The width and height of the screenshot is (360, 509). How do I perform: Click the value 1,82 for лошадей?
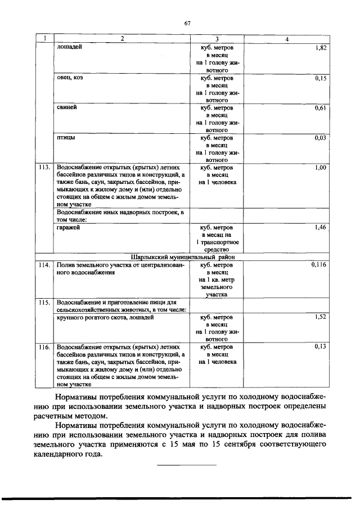[321, 49]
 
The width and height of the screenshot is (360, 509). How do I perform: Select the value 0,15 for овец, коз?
[321, 79]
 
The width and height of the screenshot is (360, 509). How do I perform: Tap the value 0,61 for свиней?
[321, 108]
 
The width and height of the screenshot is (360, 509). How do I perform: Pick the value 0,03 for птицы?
[321, 138]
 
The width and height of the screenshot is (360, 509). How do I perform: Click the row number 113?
[44, 168]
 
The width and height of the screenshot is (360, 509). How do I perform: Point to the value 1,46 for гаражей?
[321, 227]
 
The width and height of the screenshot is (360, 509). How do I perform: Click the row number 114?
[44, 264]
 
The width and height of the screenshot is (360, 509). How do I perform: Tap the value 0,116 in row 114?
[319, 264]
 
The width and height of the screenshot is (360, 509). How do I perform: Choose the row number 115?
[44, 302]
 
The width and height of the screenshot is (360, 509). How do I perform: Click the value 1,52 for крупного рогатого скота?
[321, 317]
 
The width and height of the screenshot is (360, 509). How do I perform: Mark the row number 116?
[44, 346]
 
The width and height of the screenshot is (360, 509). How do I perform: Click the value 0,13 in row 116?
[321, 346]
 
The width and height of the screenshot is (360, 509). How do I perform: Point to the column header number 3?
[217, 39]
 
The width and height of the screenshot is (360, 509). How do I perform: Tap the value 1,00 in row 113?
[321, 168]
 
